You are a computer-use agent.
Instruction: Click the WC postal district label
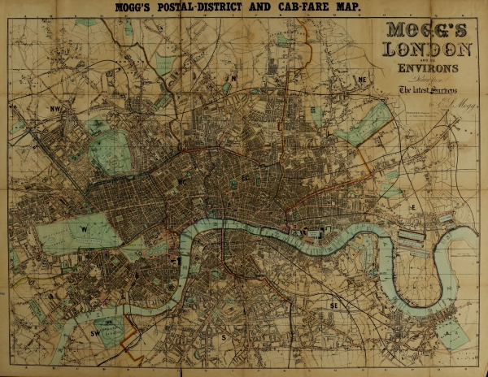pos(184,183)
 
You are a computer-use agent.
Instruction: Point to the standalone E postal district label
pos(413,209)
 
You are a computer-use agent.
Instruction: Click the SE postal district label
pos(333,305)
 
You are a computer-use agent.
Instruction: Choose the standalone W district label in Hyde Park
pos(85,230)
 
